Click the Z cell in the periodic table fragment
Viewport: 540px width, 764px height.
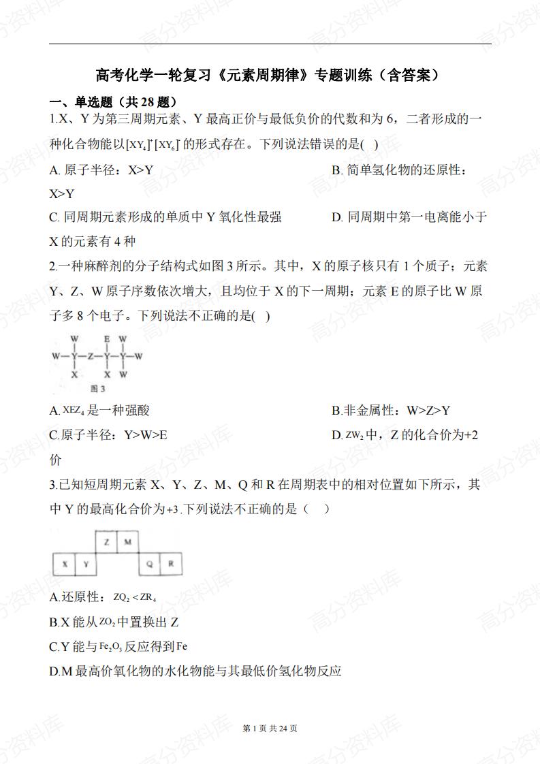point(107,542)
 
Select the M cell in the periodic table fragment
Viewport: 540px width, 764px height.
point(127,542)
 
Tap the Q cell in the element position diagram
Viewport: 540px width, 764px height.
point(149,564)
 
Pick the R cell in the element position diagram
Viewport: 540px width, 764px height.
point(171,564)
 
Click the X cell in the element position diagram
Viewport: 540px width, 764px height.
point(64,564)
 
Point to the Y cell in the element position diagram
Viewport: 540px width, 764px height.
point(86,564)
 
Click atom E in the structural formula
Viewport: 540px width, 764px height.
point(107,338)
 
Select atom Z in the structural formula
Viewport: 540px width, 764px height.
point(91,356)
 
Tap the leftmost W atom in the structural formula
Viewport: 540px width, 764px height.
point(55,356)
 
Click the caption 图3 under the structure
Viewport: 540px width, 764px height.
point(98,389)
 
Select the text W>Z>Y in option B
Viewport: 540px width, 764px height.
point(428,410)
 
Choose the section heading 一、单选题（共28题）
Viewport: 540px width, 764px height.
point(114,102)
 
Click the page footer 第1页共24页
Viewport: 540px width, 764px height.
point(270,729)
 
